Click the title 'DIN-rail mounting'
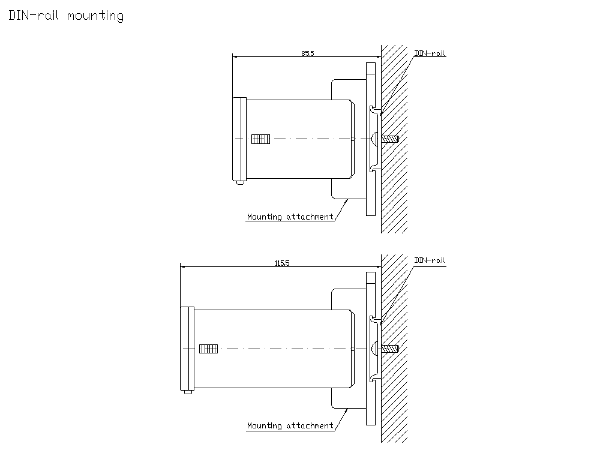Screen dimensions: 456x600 [66, 16]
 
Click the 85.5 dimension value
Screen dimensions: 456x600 [307, 53]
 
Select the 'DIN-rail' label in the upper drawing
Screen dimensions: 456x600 [430, 53]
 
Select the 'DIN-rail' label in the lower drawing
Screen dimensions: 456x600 [430, 260]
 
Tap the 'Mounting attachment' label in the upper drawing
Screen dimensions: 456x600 [290, 217]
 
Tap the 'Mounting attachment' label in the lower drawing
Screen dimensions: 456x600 [290, 426]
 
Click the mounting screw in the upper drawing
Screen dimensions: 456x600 [390, 139]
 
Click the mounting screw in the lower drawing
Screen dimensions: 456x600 [390, 348]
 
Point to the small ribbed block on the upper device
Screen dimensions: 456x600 [261, 139]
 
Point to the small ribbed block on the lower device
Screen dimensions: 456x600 [208, 348]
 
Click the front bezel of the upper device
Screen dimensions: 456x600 [239, 139]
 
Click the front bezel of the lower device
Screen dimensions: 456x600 [187, 348]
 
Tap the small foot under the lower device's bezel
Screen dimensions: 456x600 [188, 392]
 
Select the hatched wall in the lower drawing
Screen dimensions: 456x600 [395, 408]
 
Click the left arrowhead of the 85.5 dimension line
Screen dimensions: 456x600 [235, 57]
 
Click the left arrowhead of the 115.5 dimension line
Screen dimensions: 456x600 [183, 266]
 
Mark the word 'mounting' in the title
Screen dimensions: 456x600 [95, 16]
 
